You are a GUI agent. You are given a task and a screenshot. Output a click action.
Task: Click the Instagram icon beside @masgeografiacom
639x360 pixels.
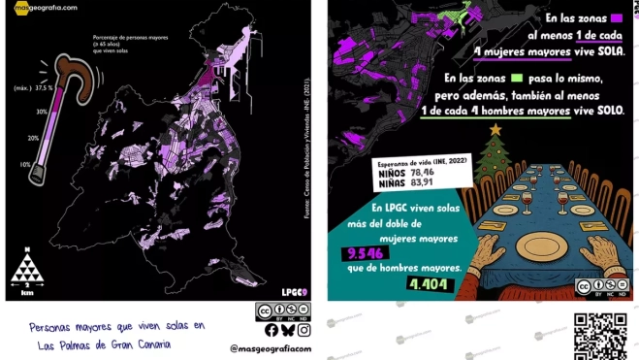click(x=304, y=330)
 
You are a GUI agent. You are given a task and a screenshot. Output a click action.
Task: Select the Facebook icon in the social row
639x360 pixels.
click(x=272, y=330)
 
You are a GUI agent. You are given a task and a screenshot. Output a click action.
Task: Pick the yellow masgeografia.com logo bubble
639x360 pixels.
click(x=18, y=8)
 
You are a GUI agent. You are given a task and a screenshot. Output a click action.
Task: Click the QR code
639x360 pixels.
click(x=593, y=336)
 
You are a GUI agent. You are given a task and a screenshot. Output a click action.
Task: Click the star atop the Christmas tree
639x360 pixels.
click(x=495, y=128)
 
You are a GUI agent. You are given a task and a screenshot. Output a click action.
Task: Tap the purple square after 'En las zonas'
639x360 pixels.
click(x=615, y=17)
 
